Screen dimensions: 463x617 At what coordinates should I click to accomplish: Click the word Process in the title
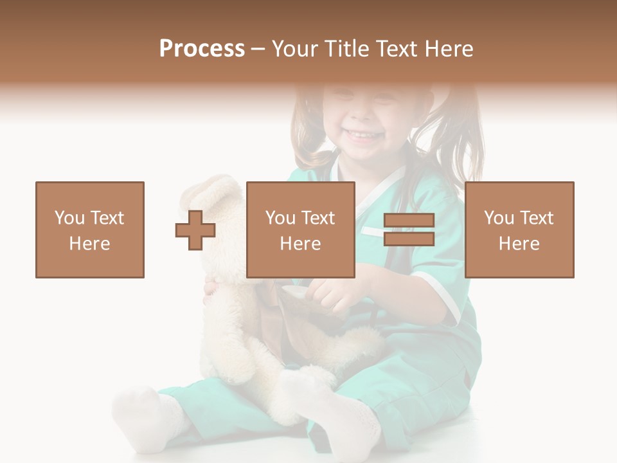click(202, 49)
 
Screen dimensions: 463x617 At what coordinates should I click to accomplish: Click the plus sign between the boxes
click(195, 230)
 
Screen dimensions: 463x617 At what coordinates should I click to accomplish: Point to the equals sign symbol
click(409, 230)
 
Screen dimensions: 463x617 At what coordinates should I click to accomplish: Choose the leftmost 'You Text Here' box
click(90, 230)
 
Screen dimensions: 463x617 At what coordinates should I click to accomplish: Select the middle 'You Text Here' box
click(300, 230)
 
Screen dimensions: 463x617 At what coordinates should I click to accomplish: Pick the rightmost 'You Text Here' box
click(519, 230)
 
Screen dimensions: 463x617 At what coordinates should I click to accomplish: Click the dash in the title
click(258, 50)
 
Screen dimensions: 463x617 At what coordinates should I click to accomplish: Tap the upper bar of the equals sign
click(409, 221)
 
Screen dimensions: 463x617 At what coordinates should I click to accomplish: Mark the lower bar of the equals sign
click(409, 239)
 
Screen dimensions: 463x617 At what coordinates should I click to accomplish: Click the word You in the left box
click(69, 218)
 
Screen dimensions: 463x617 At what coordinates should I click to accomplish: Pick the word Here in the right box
click(519, 244)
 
